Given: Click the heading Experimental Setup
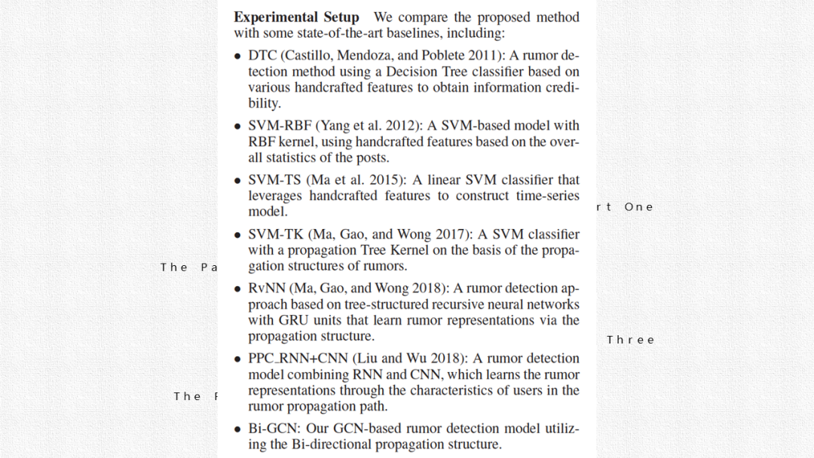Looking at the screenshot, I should (x=297, y=17).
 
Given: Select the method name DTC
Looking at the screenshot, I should (x=262, y=56).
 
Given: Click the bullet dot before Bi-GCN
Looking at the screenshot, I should (x=237, y=429).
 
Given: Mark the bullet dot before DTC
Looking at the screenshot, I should (x=237, y=56).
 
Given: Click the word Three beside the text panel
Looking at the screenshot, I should (x=631, y=340).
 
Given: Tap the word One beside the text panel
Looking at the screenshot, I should (x=639, y=207).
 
